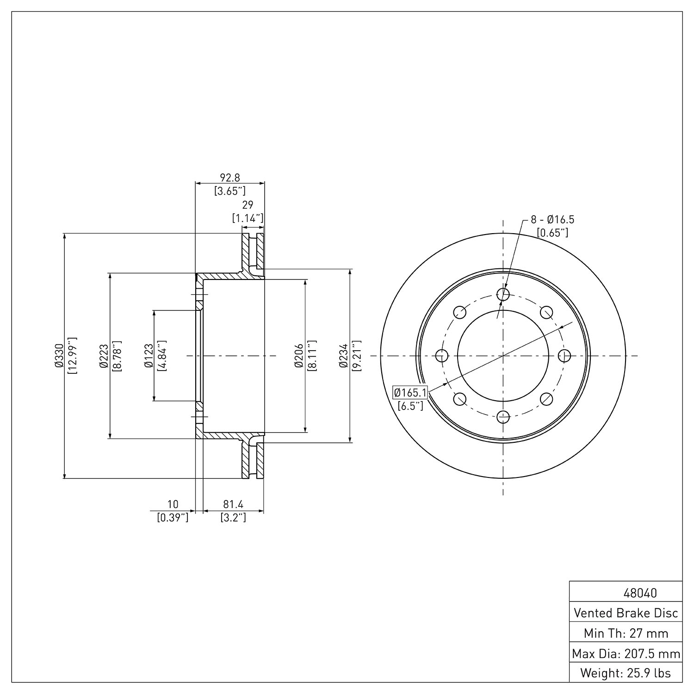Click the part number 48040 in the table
click(x=640, y=593)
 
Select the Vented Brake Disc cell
click(x=626, y=613)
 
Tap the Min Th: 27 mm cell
click(x=626, y=633)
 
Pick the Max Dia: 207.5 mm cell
click(x=626, y=653)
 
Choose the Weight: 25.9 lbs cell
click(x=626, y=673)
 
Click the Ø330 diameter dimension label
click(x=59, y=355)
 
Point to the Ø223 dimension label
click(x=104, y=355)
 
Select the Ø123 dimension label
click(x=149, y=355)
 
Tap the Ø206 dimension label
click(x=299, y=355)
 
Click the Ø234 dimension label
click(x=343, y=355)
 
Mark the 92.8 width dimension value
click(x=230, y=178)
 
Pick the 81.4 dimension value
click(x=233, y=504)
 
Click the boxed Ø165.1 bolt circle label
click(x=410, y=393)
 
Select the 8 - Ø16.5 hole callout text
click(x=552, y=220)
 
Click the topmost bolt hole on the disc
click(x=503, y=294)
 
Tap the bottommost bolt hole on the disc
click(x=503, y=417)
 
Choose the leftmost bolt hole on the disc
click(x=442, y=356)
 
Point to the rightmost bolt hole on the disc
click(x=564, y=356)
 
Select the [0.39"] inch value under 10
click(x=173, y=517)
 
